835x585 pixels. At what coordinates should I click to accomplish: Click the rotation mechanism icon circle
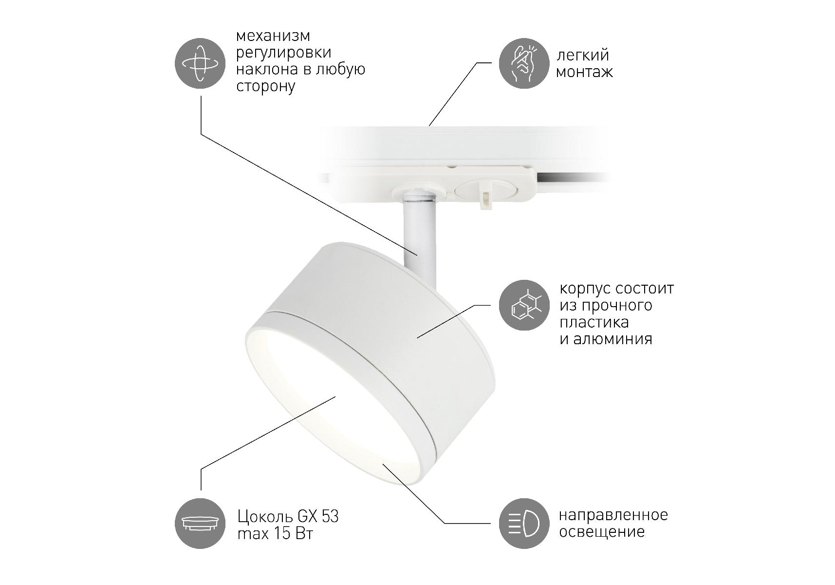pos(200,63)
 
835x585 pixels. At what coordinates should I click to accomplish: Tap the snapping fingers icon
pos(524,63)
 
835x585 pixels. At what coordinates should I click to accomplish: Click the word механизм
pos(273,36)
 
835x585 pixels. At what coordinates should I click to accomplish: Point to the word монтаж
pos(584,73)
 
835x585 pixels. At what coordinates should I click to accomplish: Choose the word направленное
pos(613,515)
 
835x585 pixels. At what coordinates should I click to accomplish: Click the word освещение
pos(602,532)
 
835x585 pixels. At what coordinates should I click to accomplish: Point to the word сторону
pos(266,87)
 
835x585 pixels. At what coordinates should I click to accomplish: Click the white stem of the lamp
pos(420,234)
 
